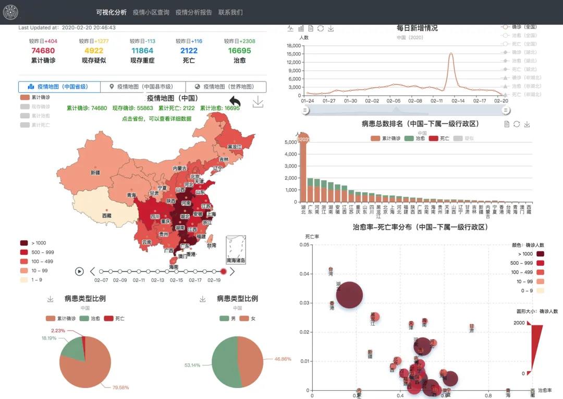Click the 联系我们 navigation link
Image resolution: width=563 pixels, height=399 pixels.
point(230,12)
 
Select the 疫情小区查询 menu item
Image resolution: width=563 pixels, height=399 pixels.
point(151,12)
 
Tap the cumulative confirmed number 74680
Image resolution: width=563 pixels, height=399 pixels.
point(43,51)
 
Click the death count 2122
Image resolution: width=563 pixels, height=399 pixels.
point(189,51)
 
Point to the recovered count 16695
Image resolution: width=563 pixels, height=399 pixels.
point(239,51)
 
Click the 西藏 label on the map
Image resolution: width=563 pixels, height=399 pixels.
point(106,215)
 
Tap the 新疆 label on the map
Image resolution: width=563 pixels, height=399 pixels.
point(95,172)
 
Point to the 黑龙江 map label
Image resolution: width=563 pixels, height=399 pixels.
point(235,147)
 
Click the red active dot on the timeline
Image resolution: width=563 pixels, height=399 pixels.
point(223,271)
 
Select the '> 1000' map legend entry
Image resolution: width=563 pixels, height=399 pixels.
point(39,243)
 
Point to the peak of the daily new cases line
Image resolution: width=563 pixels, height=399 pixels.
point(451,53)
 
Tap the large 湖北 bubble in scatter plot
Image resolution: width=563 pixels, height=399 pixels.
point(349,296)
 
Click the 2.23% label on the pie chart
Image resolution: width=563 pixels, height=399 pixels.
point(58,331)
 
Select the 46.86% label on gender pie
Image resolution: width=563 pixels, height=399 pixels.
point(283,359)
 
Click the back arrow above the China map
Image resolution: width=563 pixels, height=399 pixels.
point(235,101)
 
